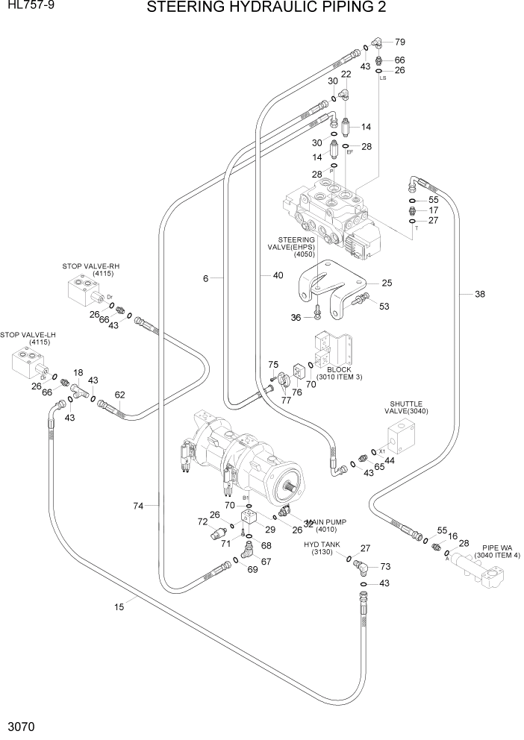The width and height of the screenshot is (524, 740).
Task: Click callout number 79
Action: (x=399, y=43)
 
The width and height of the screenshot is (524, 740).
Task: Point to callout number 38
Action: (x=479, y=294)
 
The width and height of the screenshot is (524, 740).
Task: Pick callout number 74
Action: (x=138, y=506)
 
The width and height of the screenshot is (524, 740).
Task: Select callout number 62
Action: (x=119, y=395)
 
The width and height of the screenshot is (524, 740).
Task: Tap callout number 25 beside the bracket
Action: (x=387, y=283)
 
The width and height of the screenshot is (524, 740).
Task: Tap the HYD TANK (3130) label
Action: (x=322, y=549)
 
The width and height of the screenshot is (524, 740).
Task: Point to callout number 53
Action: (x=384, y=306)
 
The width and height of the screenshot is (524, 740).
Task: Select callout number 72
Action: (x=202, y=521)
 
